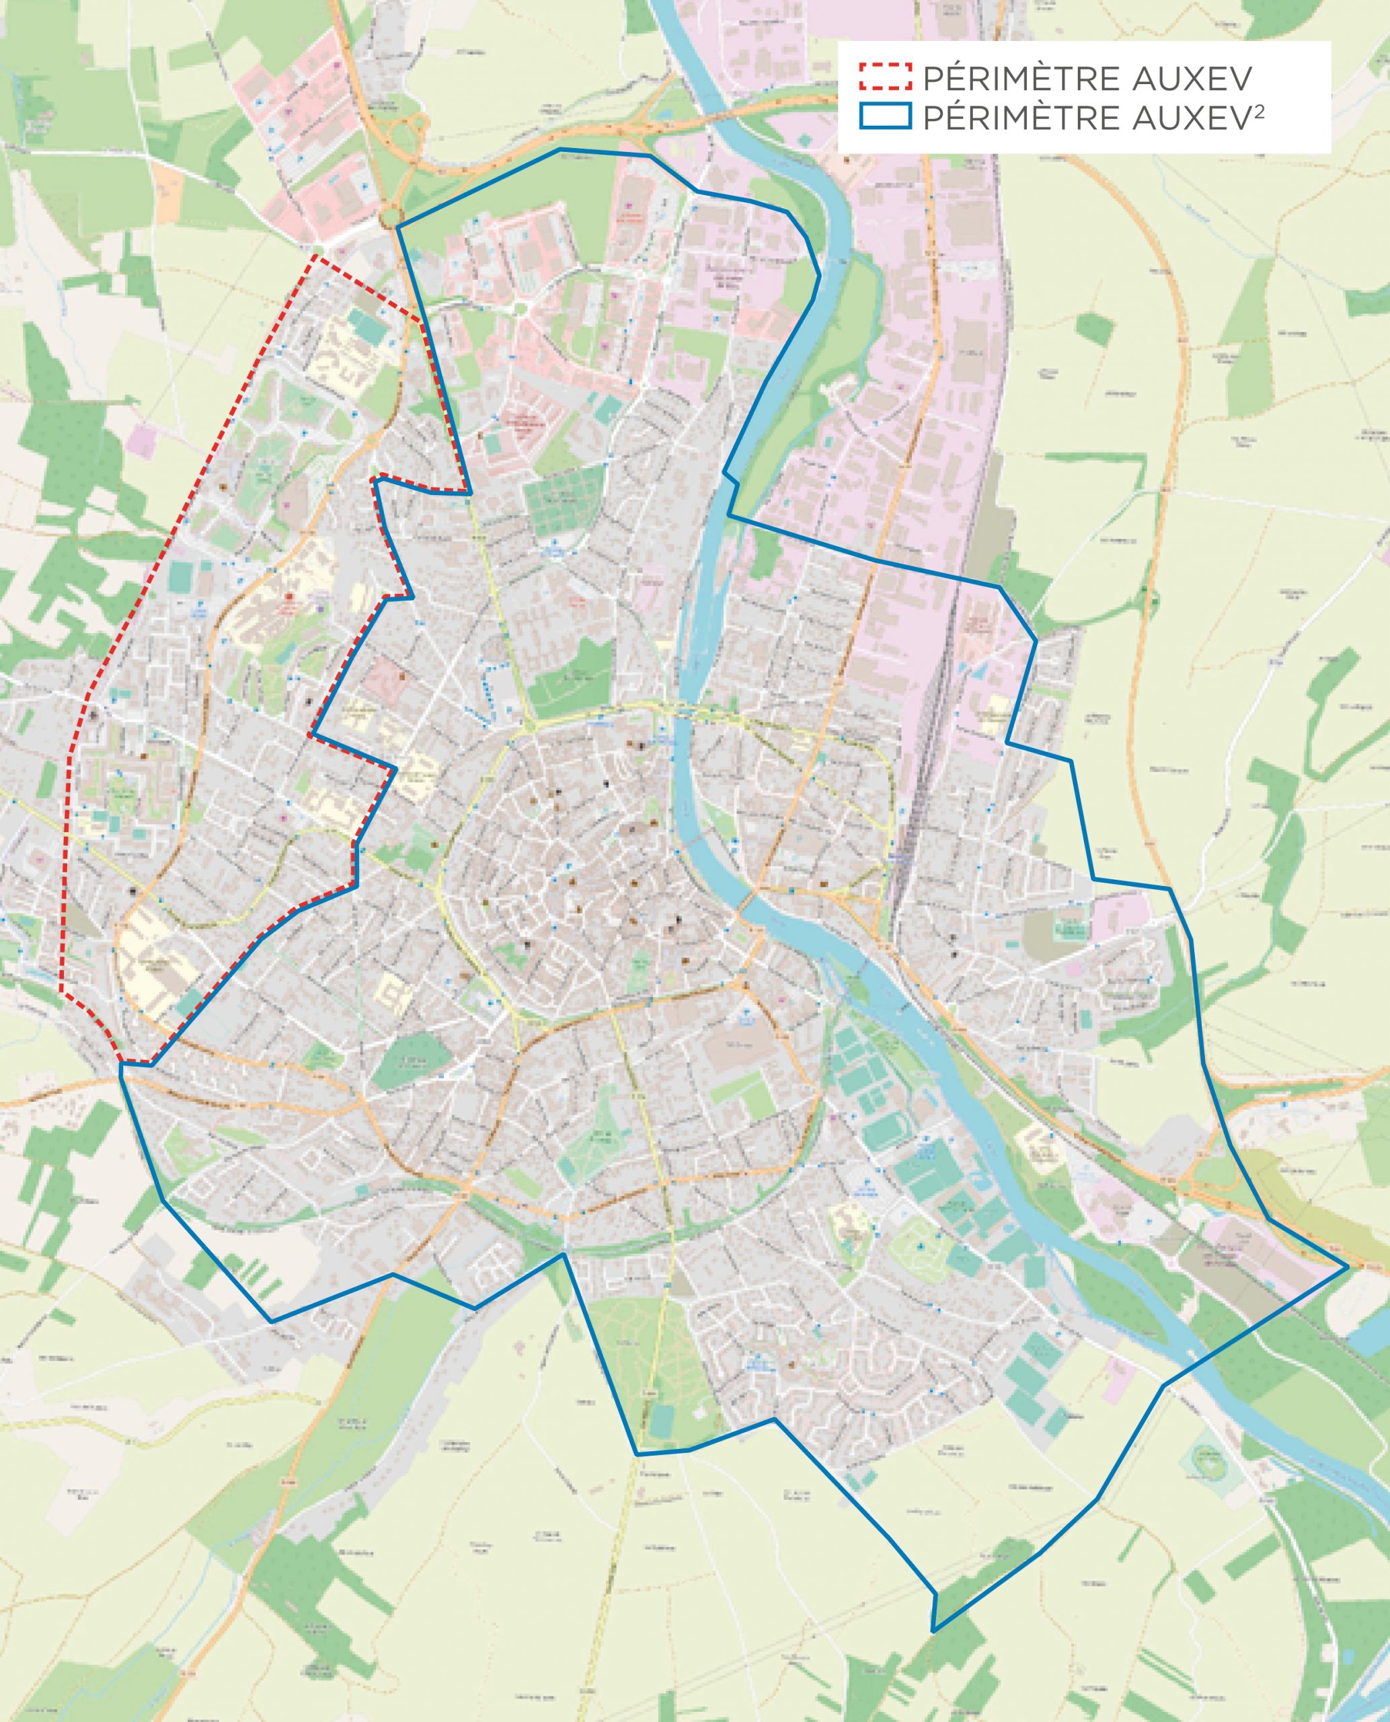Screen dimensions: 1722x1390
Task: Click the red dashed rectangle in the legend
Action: [886, 77]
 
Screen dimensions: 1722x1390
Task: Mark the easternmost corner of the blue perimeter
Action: [1348, 1268]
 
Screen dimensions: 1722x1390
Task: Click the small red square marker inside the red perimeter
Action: [289, 597]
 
